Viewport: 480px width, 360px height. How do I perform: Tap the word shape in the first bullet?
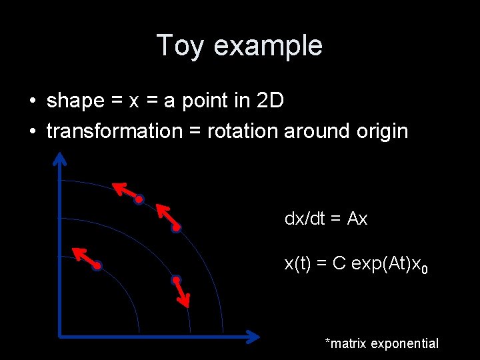75,101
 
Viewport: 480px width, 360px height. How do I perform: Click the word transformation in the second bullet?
114,131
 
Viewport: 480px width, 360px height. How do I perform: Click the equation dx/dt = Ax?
326,219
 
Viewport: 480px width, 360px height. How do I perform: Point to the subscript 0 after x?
425,270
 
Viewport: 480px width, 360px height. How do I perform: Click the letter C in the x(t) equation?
339,264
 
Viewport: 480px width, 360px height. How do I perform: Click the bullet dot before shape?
33,101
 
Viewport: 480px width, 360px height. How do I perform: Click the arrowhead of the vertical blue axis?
60,159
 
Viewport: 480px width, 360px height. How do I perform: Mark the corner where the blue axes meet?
61,336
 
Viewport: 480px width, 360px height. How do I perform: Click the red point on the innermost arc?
97,266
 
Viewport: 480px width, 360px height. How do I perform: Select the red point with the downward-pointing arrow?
175,279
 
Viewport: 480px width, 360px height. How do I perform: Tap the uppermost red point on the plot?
139,199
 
